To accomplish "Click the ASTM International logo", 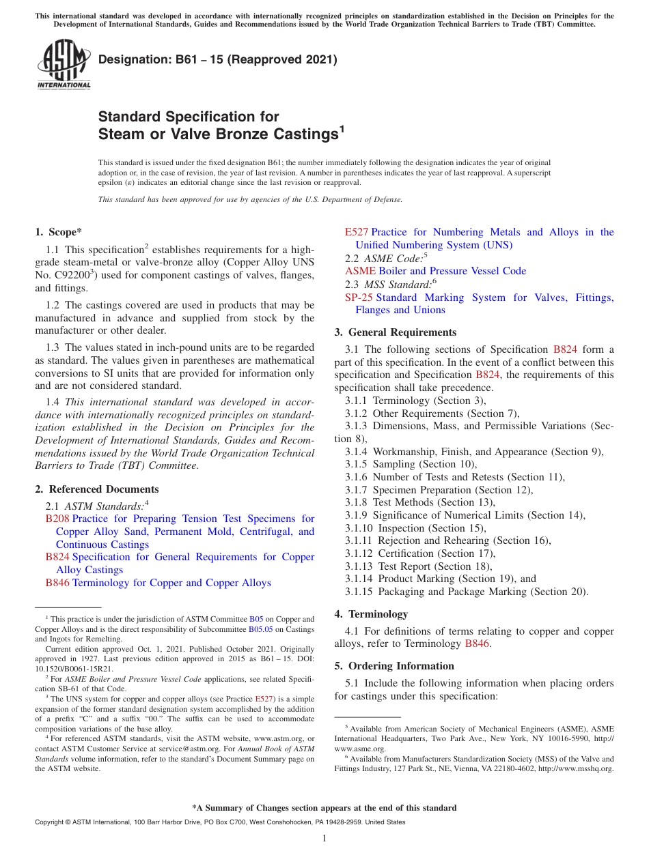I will point(64,64).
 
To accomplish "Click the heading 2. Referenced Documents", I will point(96,489).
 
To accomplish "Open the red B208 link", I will point(57,519).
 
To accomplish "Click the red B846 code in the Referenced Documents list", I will point(57,583).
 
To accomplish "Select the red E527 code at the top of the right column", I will point(357,232).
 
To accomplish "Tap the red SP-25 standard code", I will point(359,298).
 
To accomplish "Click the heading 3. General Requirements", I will point(396,332).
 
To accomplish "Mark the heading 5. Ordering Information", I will point(394,665).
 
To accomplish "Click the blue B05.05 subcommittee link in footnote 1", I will point(260,629).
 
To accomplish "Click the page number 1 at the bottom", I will point(324,838).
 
